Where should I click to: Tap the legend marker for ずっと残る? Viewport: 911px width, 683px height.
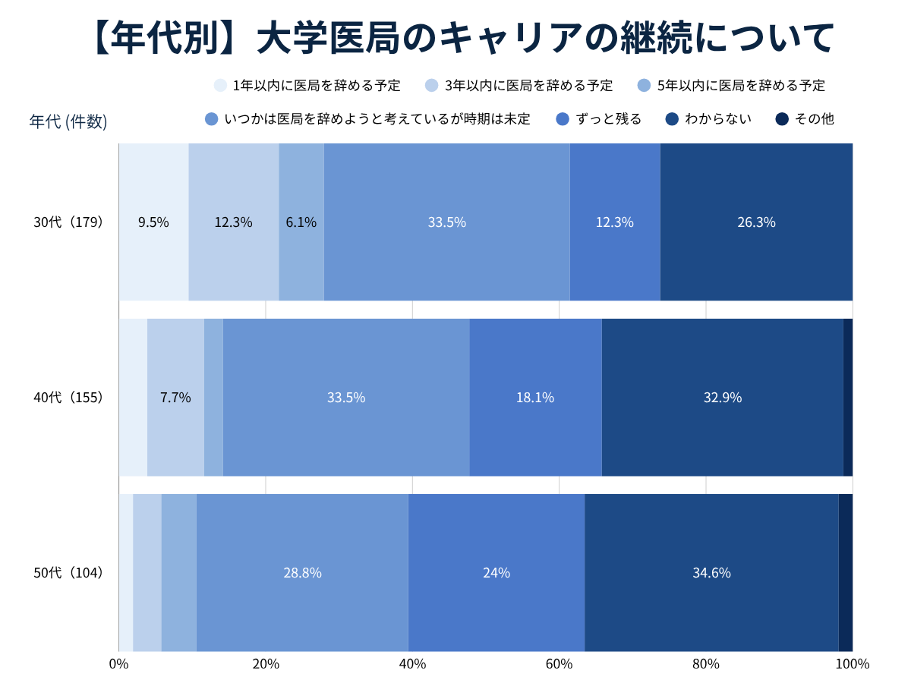[562, 119]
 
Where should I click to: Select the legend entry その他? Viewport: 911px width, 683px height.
[804, 119]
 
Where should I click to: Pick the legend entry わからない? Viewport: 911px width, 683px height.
[708, 119]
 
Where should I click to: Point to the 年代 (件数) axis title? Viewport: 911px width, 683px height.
[68, 121]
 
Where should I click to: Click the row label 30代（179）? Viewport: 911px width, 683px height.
[68, 222]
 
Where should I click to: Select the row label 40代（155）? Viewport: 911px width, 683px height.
[68, 397]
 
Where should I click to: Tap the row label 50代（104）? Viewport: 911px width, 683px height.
[68, 572]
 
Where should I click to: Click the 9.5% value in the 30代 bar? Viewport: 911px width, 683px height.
[153, 222]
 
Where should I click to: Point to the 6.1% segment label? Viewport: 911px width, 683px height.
[301, 222]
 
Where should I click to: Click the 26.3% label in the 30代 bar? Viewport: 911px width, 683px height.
[756, 222]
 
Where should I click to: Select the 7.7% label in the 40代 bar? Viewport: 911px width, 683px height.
[175, 398]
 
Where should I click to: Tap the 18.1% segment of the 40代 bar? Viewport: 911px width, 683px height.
[535, 397]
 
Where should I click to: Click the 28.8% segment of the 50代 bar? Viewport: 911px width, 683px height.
[302, 572]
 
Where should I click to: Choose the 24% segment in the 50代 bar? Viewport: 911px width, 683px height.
[496, 572]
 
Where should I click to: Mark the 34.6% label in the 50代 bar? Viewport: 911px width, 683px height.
[711, 573]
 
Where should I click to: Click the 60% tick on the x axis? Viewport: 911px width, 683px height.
[559, 664]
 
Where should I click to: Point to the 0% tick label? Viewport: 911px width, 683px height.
[118, 664]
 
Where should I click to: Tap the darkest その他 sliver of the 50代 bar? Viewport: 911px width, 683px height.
[846, 572]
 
